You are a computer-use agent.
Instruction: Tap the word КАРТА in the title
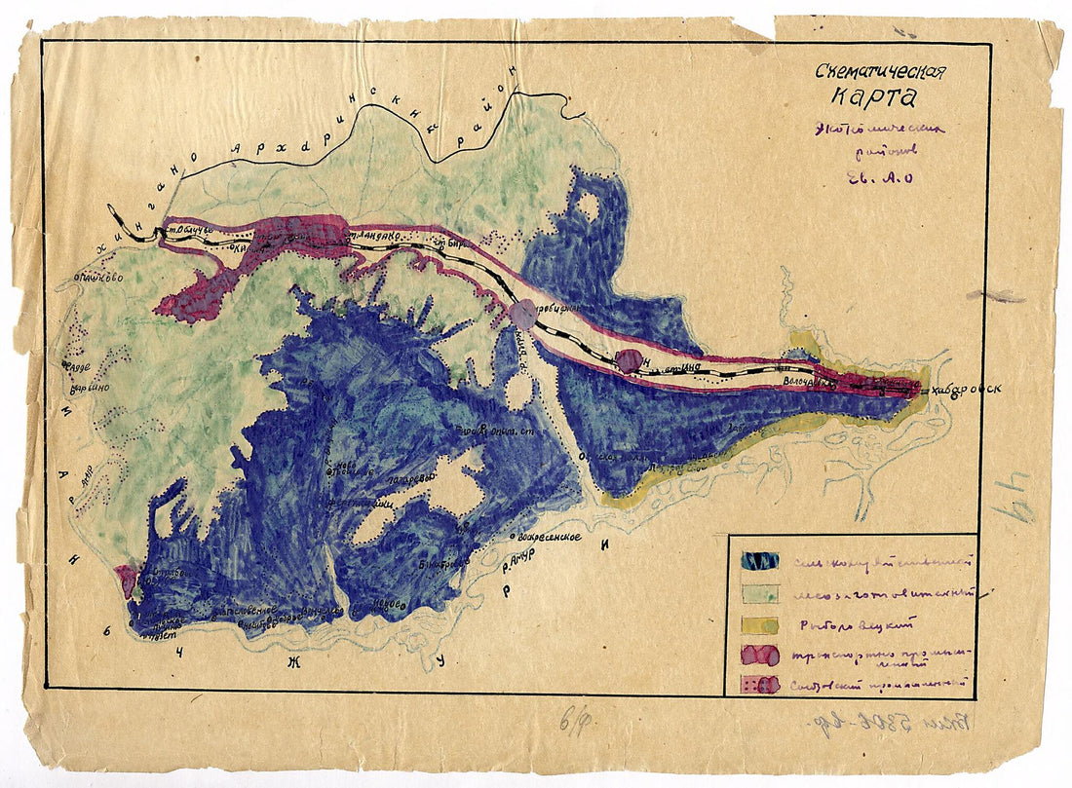pos(874,97)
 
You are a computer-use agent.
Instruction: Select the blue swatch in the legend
pos(760,561)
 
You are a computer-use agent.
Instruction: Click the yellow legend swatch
pos(760,624)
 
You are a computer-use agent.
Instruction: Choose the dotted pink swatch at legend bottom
pos(760,684)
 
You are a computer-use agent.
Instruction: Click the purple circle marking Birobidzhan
pos(522,313)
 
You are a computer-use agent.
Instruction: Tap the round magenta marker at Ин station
pos(630,360)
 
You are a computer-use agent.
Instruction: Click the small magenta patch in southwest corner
pos(126,581)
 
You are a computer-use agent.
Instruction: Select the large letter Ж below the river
pos(289,663)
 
